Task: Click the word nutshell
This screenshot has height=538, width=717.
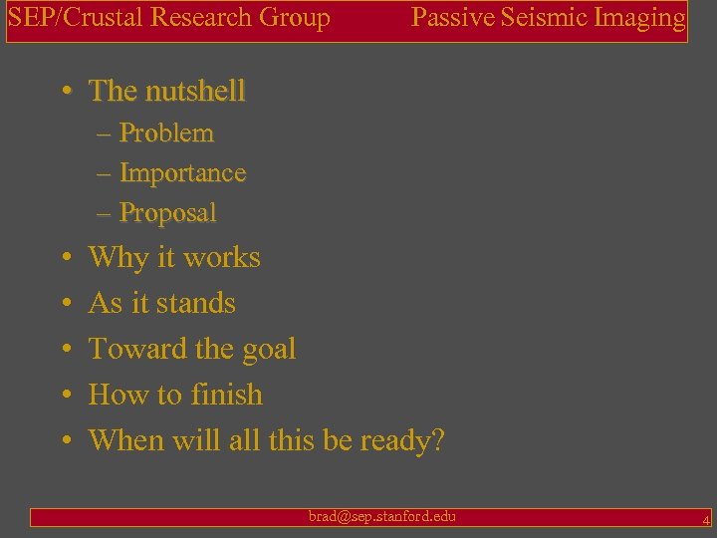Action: click(194, 92)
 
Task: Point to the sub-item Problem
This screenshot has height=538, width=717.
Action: click(166, 134)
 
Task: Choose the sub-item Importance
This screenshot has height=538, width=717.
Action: click(182, 173)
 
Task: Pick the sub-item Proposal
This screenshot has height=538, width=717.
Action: click(167, 213)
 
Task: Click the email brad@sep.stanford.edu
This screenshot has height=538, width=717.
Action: click(382, 516)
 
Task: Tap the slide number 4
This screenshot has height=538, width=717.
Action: click(705, 519)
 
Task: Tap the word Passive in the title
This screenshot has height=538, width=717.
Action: click(448, 17)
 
